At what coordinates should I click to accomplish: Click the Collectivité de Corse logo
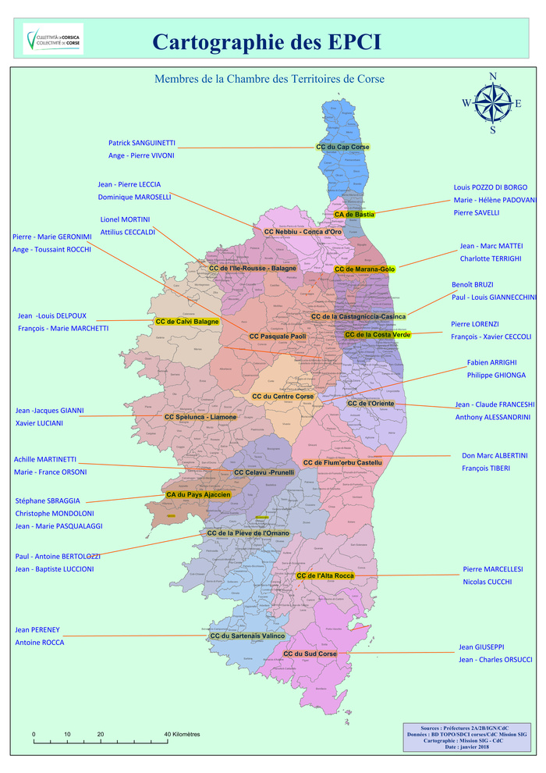pyautogui.click(x=53, y=39)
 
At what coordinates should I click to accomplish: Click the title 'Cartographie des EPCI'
pyautogui.click(x=267, y=42)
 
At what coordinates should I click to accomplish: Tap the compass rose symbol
pyautogui.click(x=492, y=103)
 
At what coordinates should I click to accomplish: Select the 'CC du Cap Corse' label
pyautogui.click(x=342, y=147)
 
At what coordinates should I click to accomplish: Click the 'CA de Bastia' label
pyautogui.click(x=354, y=214)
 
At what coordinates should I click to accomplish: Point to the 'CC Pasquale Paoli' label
pyautogui.click(x=278, y=337)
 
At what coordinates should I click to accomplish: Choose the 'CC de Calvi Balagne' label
pyautogui.click(x=187, y=322)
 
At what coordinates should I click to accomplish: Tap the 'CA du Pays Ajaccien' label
pyautogui.click(x=198, y=495)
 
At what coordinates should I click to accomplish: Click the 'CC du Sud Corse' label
pyautogui.click(x=310, y=654)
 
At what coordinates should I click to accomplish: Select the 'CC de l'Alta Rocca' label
pyautogui.click(x=325, y=576)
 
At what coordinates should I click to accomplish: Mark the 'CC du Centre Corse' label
pyautogui.click(x=283, y=397)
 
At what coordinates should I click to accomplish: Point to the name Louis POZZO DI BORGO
pyautogui.click(x=491, y=187)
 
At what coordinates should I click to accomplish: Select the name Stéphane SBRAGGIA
pyautogui.click(x=48, y=500)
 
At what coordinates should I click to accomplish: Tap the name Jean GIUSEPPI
pyautogui.click(x=481, y=647)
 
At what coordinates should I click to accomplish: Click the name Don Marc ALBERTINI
pyautogui.click(x=495, y=455)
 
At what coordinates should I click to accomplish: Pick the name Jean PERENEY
pyautogui.click(x=37, y=629)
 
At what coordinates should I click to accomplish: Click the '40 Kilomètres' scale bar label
pyautogui.click(x=182, y=735)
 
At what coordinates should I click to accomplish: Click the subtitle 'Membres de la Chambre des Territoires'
pyautogui.click(x=269, y=79)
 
